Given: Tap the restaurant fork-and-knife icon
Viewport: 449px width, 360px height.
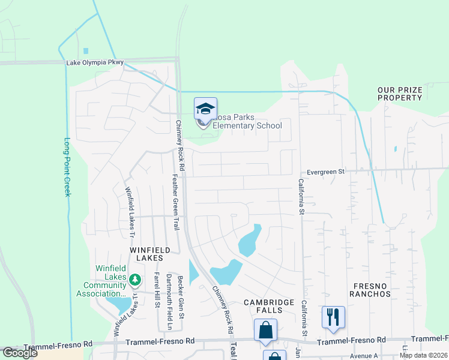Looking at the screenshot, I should click(333, 316).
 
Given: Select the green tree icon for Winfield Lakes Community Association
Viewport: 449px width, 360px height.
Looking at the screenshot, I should click(136, 280).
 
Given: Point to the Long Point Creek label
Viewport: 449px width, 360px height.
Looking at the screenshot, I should click(67, 167).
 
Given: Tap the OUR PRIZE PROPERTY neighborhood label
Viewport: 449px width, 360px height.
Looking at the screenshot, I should click(400, 94).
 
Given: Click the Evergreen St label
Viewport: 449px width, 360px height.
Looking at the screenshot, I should click(325, 172).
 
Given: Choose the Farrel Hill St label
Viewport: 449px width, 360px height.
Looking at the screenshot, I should click(157, 290).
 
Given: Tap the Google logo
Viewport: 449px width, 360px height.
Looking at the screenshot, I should click(20, 353).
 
